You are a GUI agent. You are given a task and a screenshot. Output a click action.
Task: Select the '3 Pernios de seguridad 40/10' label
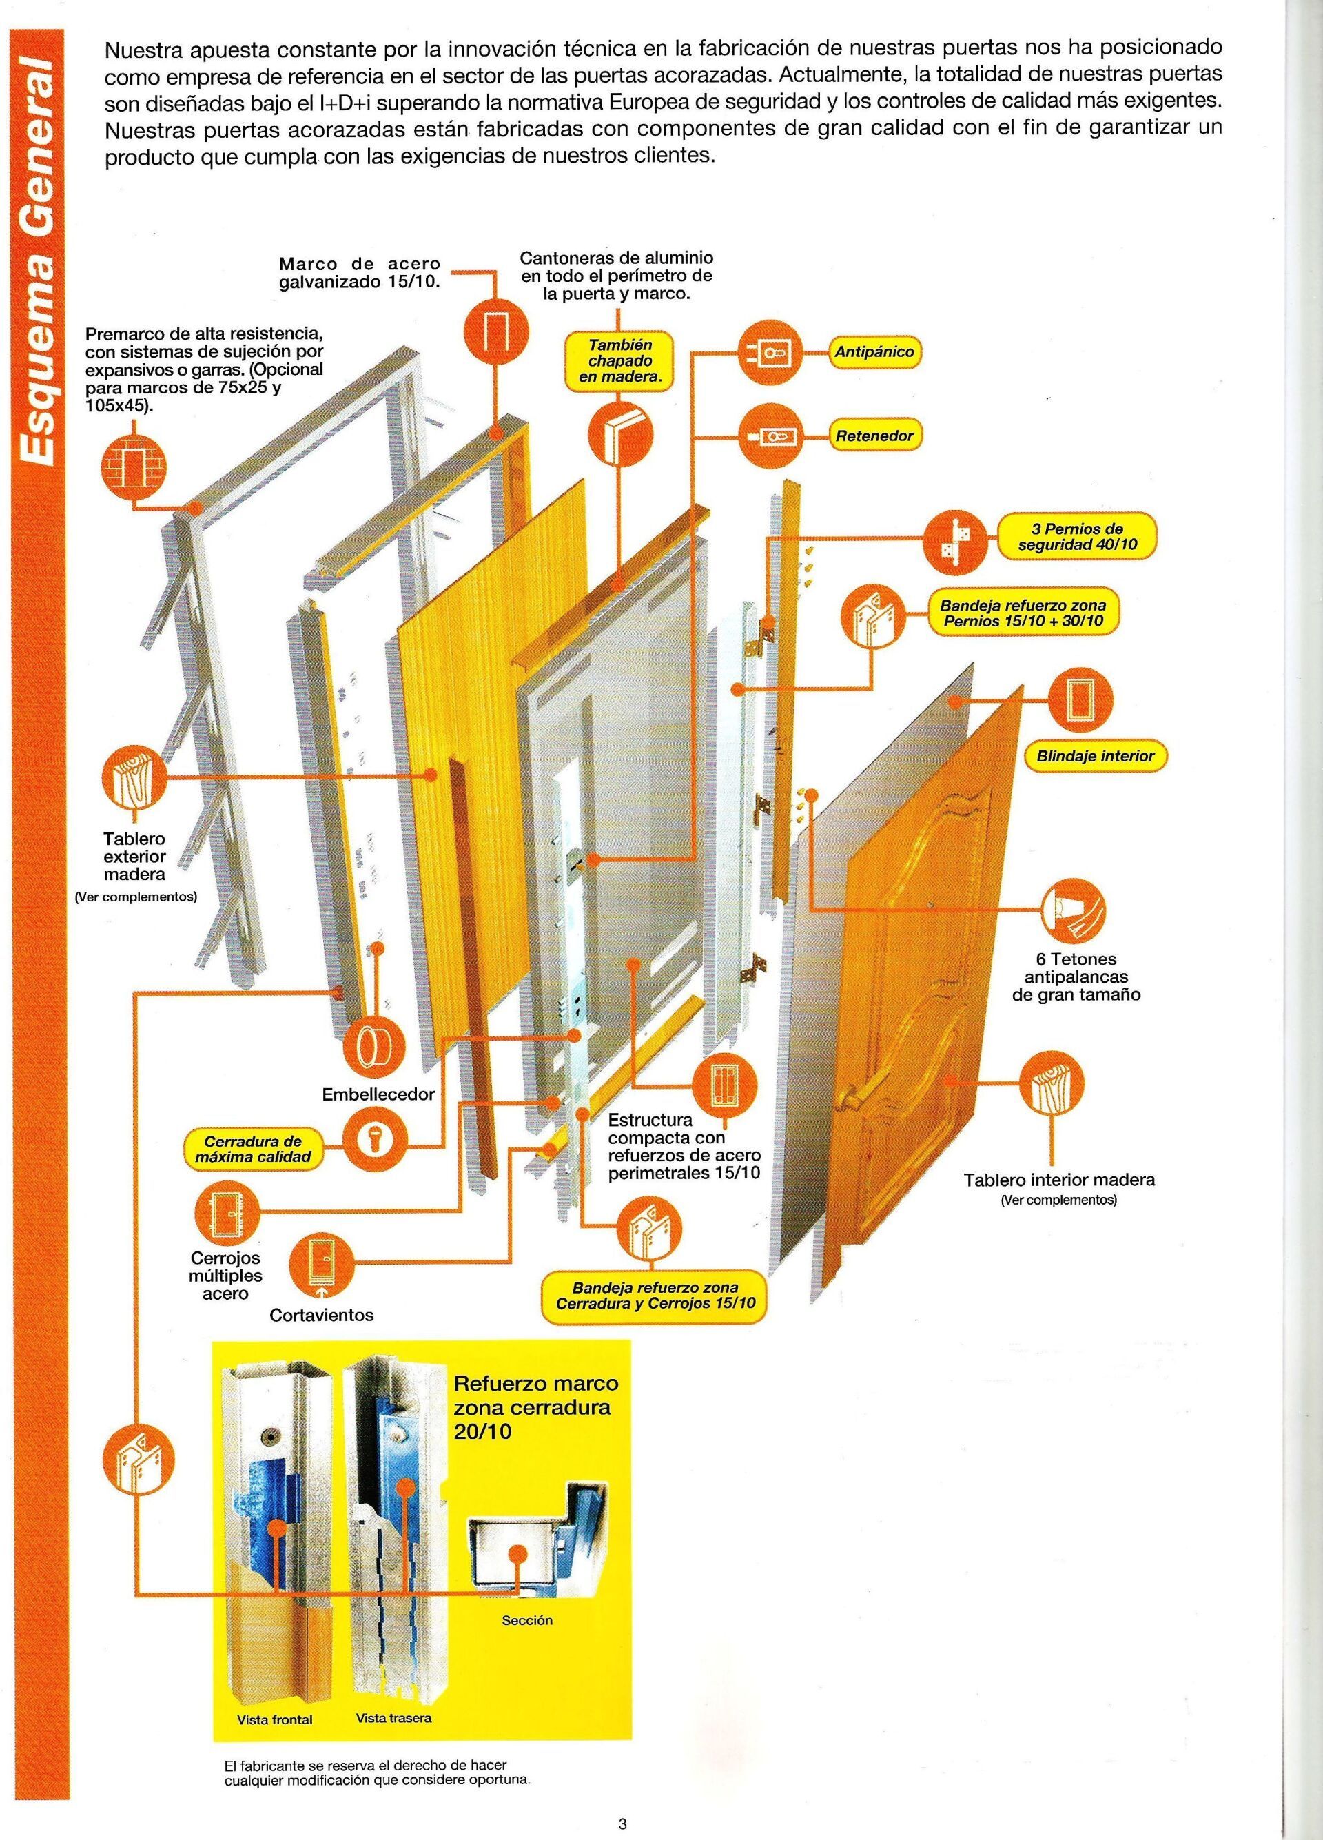[x=1077, y=536]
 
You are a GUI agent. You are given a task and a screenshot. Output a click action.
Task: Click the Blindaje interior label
[x=1095, y=755]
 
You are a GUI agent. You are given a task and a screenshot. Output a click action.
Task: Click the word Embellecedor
[x=378, y=1094]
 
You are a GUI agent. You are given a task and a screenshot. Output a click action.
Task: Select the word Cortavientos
[x=322, y=1315]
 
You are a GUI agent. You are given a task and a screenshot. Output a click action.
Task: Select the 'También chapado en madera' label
[x=621, y=360]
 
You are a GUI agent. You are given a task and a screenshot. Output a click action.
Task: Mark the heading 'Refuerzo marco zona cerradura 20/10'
[x=535, y=1406]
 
